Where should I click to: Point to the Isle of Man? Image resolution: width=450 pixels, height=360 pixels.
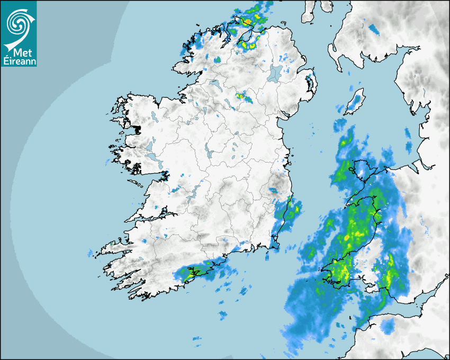point(355,101)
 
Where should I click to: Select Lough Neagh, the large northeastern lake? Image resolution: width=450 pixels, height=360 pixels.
point(274,73)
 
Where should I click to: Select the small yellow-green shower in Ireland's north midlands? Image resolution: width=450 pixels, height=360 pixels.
point(244,97)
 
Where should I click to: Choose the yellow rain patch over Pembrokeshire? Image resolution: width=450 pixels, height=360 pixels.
point(341,271)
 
